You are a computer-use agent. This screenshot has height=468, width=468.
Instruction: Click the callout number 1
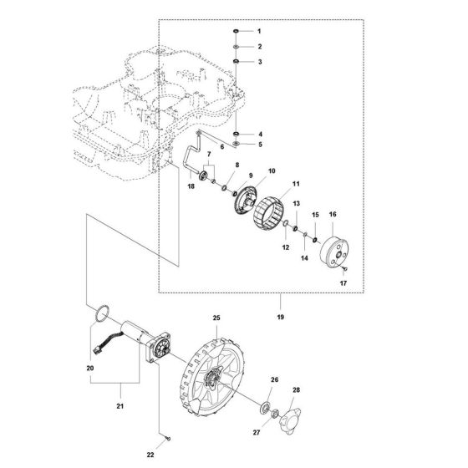[x=259, y=31]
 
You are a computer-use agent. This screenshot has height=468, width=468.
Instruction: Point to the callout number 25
[x=216, y=319]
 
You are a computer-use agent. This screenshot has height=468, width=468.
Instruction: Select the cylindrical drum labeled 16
[x=338, y=253]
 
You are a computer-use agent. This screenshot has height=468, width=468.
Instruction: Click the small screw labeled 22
[x=167, y=436]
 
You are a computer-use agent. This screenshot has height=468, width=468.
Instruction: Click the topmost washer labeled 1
[x=237, y=31]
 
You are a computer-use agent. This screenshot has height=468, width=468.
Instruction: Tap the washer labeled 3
[x=237, y=62]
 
